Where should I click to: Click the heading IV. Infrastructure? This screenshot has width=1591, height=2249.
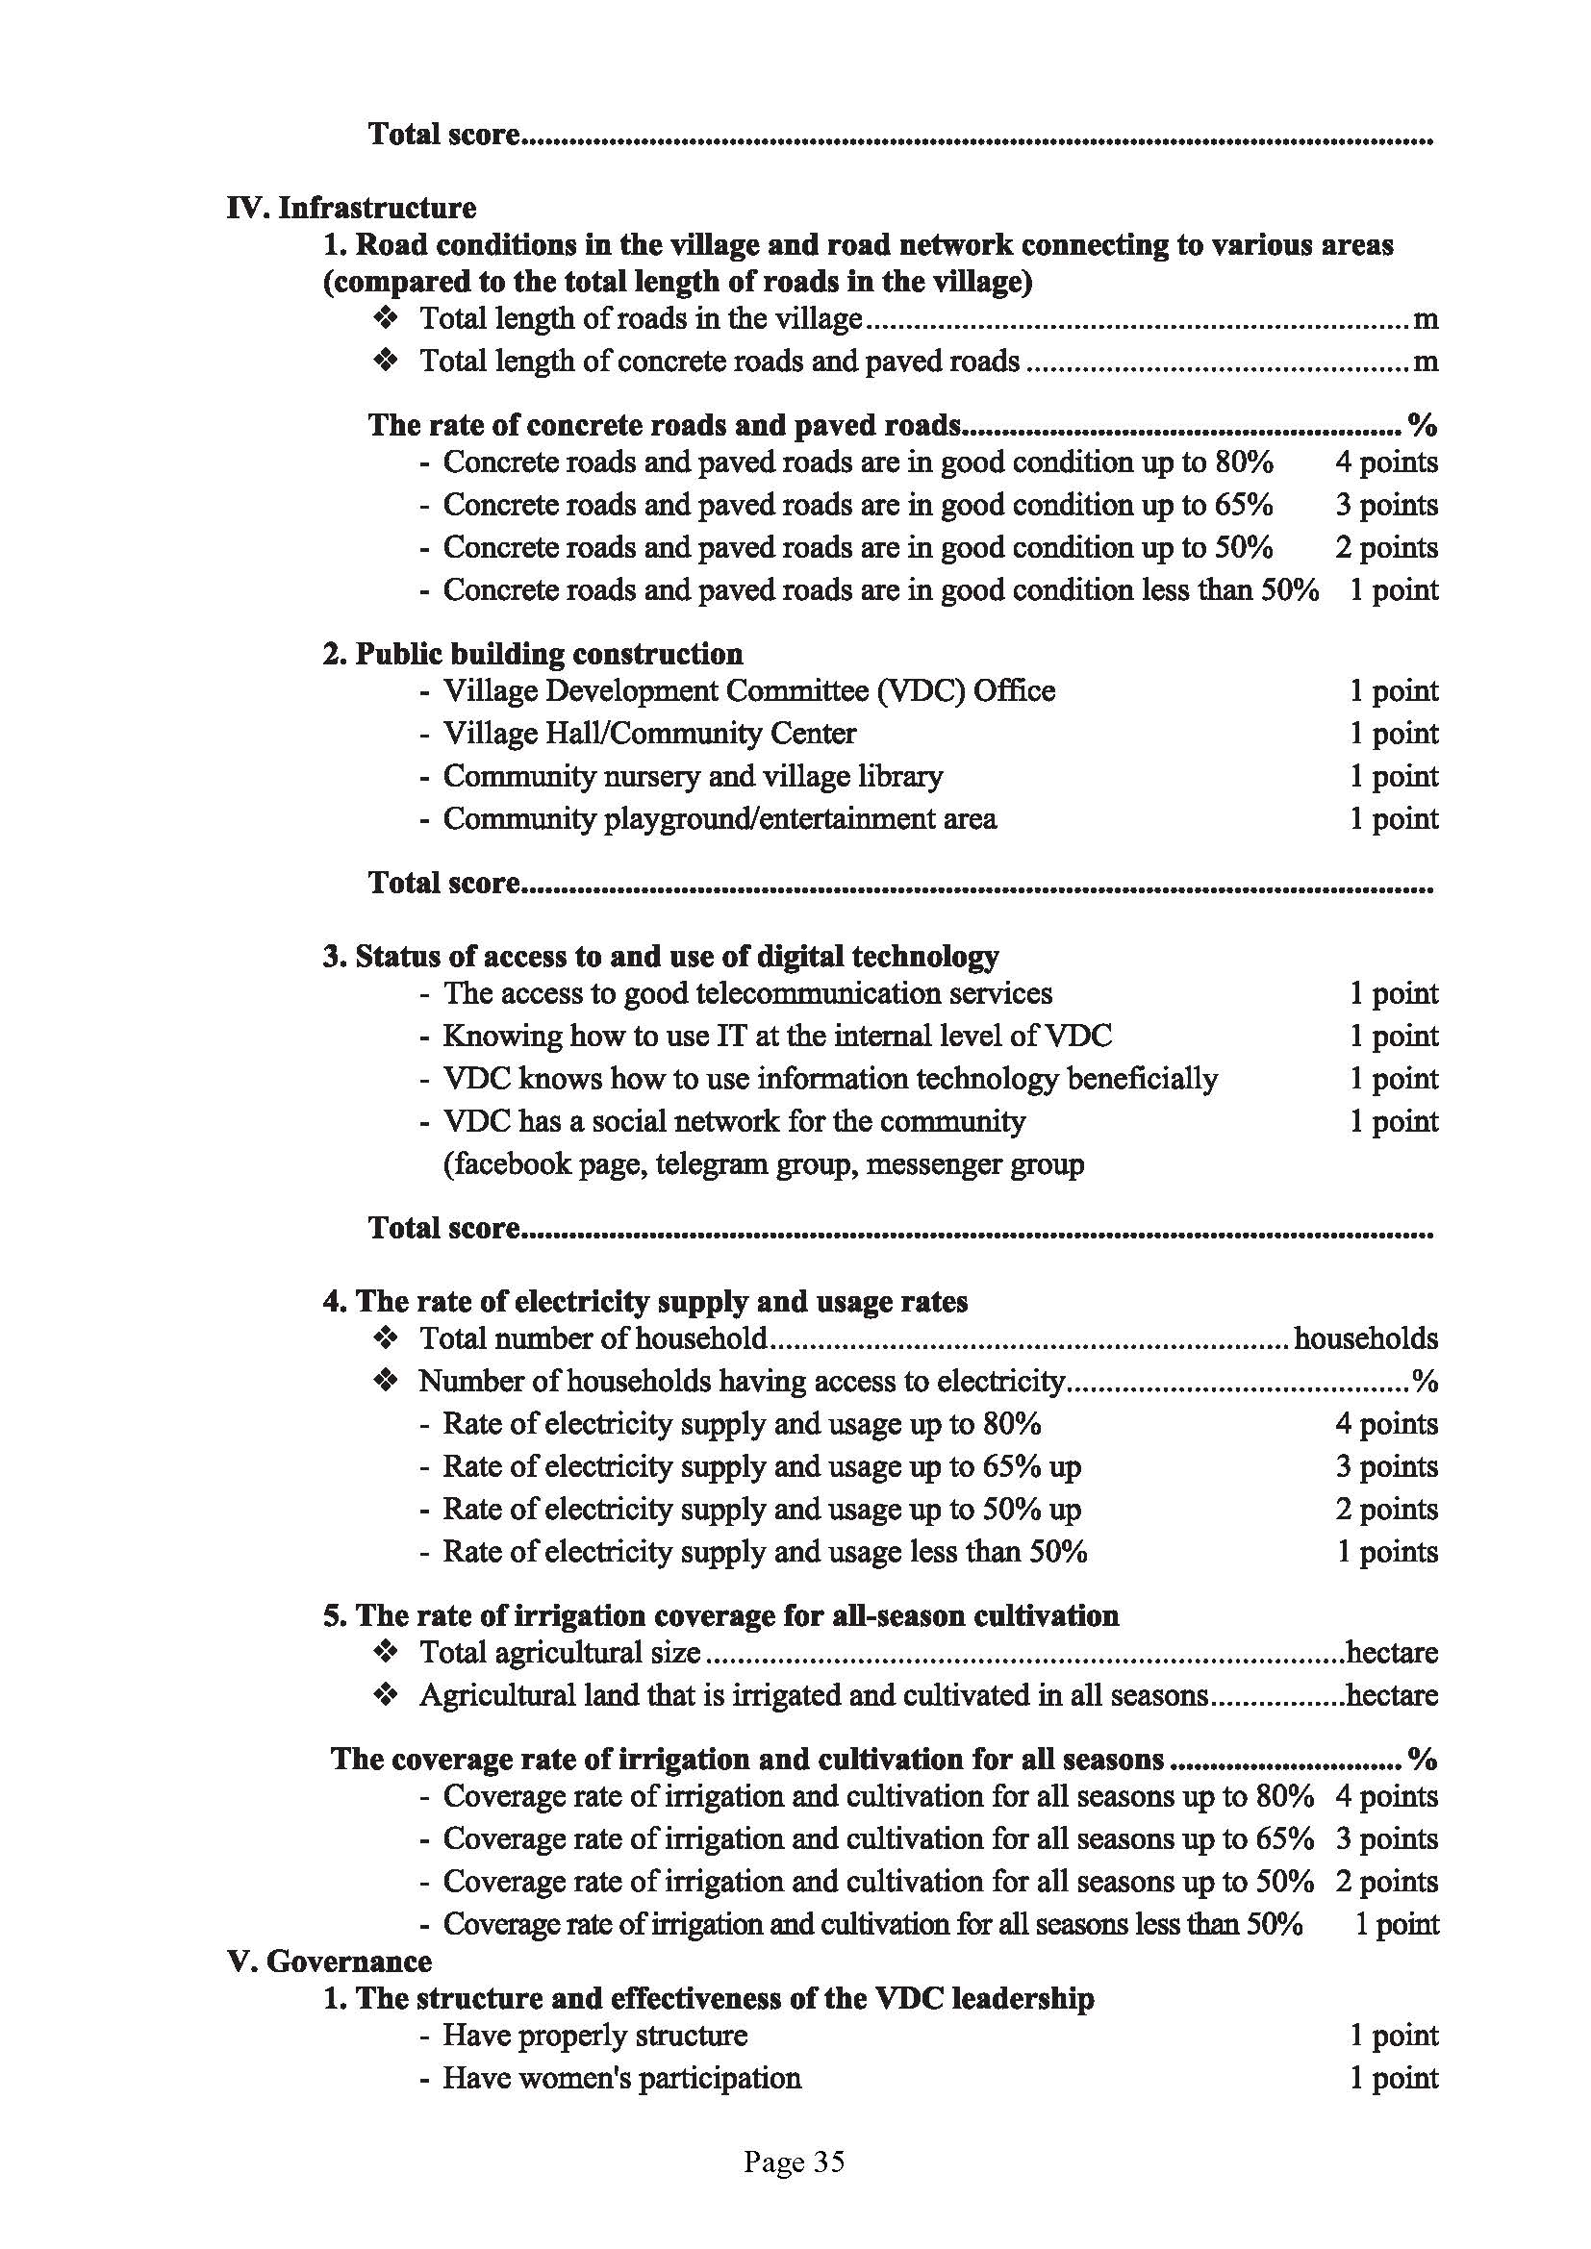point(351,208)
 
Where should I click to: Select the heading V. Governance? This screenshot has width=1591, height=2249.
point(329,1961)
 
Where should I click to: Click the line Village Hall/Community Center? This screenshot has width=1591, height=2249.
point(649,733)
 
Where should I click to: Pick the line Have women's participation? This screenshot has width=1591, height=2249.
point(622,2078)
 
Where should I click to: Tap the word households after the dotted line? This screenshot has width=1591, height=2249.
point(1366,1338)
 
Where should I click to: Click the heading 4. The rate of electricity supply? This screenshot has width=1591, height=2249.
point(645,1301)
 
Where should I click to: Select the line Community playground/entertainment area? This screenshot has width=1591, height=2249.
point(720,818)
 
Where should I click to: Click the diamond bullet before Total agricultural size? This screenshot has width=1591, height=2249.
point(386,1653)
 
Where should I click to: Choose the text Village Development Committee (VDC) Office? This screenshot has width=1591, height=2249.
point(748,690)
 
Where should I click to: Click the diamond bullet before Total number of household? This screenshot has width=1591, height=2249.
point(386,1338)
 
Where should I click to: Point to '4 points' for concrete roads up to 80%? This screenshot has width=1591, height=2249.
point(1386,462)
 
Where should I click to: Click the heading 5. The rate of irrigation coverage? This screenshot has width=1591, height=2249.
point(721,1614)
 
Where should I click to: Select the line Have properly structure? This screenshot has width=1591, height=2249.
point(594,2036)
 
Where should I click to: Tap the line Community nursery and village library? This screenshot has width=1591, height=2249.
point(693,776)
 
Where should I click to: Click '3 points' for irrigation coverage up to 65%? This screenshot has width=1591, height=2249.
point(1386,1838)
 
